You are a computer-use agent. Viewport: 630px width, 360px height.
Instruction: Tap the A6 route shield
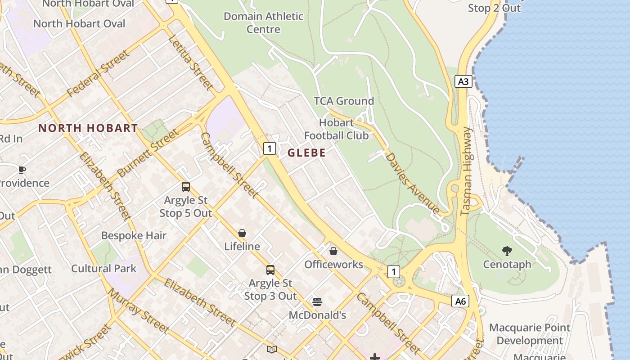click(460, 301)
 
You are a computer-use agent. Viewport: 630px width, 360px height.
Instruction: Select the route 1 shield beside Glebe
click(269, 148)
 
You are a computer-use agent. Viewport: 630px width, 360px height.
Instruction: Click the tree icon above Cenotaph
click(507, 251)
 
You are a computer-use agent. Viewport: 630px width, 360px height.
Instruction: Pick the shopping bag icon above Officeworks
click(333, 251)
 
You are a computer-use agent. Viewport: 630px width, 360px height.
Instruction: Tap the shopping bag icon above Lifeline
click(242, 233)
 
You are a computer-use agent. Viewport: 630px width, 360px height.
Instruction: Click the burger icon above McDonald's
click(317, 301)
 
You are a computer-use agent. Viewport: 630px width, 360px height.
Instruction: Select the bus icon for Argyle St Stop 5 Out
click(186, 187)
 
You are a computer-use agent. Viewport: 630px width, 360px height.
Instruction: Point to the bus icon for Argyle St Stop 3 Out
click(270, 270)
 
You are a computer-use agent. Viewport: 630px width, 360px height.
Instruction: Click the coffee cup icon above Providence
click(22, 170)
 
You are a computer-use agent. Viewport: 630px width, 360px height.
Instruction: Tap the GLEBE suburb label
click(306, 153)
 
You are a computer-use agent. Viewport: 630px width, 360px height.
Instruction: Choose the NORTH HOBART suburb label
click(88, 128)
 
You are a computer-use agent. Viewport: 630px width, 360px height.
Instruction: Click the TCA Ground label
click(344, 101)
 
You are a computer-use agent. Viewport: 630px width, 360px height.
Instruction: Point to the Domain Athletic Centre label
click(263, 23)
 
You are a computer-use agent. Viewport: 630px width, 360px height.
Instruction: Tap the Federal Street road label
click(98, 74)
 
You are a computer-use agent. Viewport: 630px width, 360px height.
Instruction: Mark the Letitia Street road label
click(190, 62)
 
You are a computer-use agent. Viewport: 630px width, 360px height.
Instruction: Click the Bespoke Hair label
click(134, 235)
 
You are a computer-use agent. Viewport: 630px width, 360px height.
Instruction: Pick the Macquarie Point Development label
click(530, 334)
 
